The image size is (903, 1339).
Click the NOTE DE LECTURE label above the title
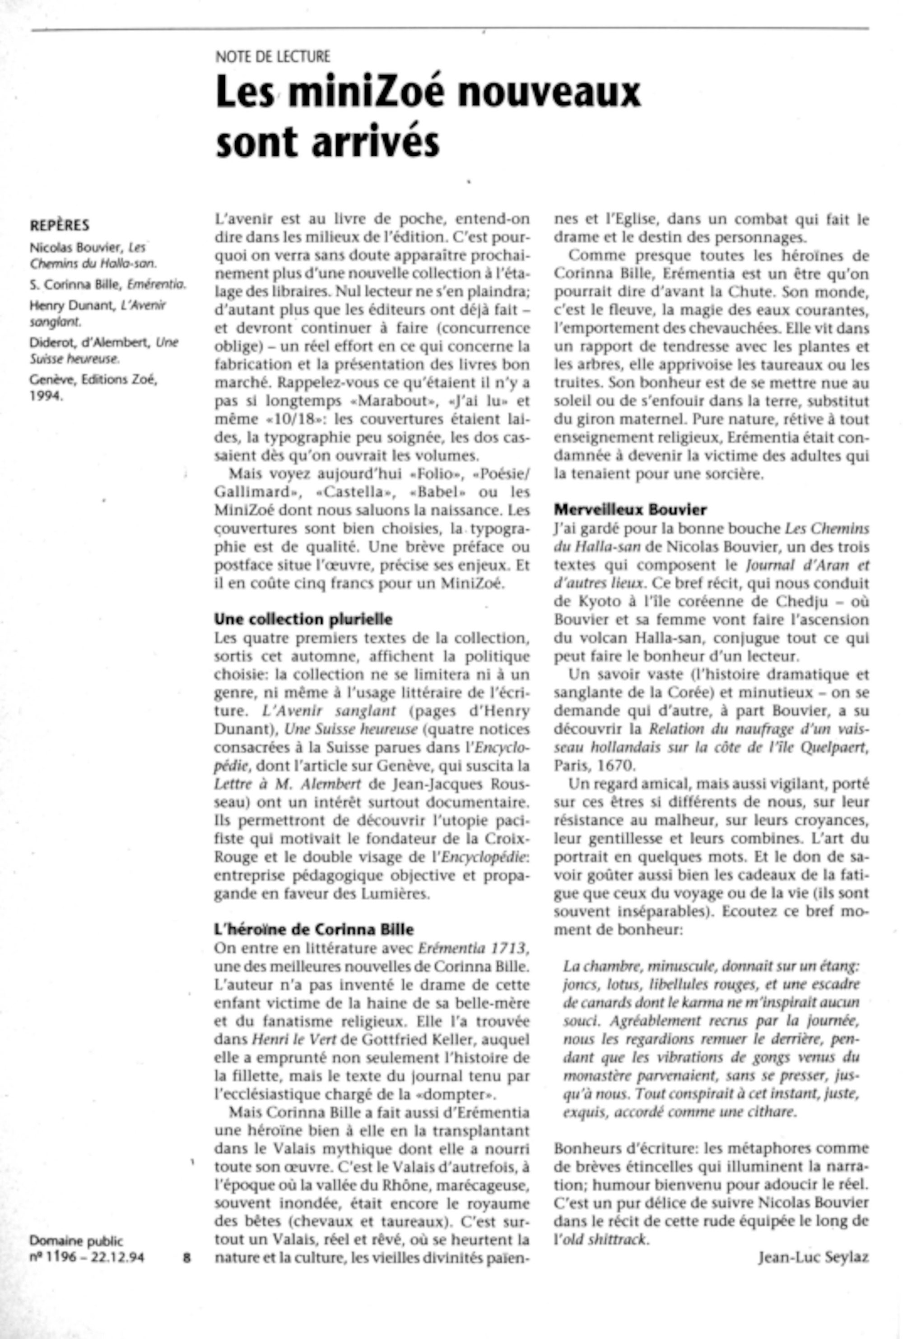272,56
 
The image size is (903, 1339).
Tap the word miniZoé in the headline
368,92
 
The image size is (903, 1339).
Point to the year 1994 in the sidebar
46,396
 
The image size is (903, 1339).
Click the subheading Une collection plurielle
303,619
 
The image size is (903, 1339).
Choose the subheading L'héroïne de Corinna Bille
314,929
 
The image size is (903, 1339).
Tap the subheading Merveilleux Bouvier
630,510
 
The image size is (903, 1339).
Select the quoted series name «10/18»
299,419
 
